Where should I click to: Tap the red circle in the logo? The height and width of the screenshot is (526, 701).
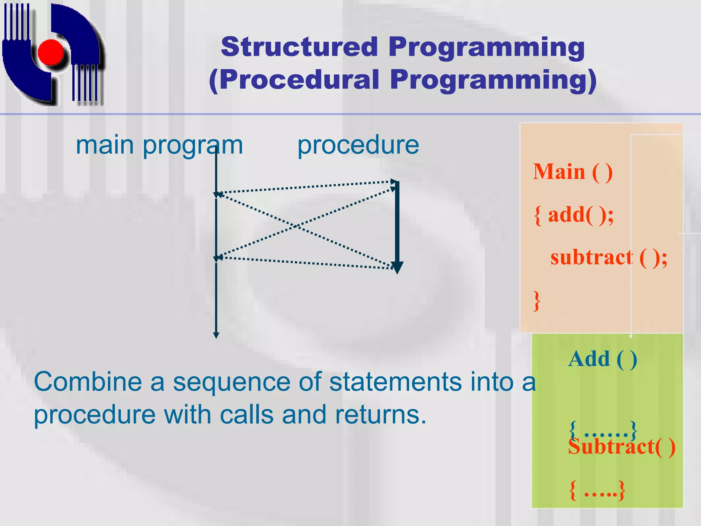pos(51,52)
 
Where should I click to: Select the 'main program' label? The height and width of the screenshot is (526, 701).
pos(159,145)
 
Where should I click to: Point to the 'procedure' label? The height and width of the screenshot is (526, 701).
pos(358,145)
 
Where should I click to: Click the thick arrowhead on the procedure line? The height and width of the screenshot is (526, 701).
pos(397,267)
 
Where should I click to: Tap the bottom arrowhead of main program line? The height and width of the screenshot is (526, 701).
pos(216,335)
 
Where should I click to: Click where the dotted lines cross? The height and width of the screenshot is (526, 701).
pos(296,226)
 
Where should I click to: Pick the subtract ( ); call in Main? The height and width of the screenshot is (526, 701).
pos(609,258)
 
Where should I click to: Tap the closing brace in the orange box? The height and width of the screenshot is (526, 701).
pos(537,301)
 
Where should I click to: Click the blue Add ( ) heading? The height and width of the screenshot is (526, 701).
pos(602,359)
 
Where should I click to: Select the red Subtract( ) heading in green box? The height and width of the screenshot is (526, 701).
pos(621,447)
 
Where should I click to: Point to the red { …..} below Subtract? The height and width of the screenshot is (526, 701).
pos(597,491)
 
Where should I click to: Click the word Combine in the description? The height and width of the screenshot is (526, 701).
pos(88,382)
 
